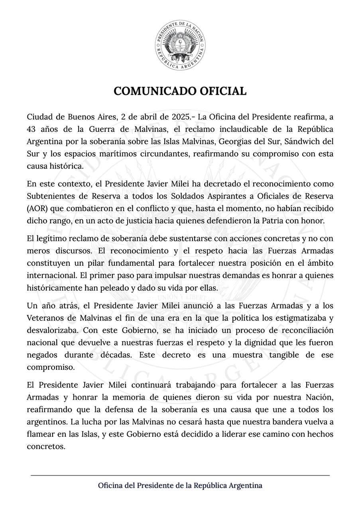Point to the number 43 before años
pos(31,129)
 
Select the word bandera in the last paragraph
pos(279,422)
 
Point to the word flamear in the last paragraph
pos(41,434)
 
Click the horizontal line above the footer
pos(180,475)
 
